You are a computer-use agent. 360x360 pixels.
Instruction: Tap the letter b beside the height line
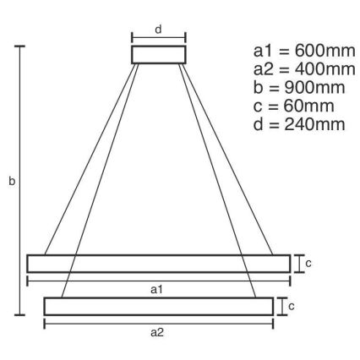point(11,181)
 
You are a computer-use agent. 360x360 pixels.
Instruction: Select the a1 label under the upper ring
point(158,290)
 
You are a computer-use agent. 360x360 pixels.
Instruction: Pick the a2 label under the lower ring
point(158,331)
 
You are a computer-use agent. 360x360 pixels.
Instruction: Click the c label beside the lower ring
point(292,306)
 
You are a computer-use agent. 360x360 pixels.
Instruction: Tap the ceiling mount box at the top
point(158,54)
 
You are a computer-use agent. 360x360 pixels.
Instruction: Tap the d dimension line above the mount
point(158,37)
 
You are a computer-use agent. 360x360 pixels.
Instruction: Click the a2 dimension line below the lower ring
point(158,323)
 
